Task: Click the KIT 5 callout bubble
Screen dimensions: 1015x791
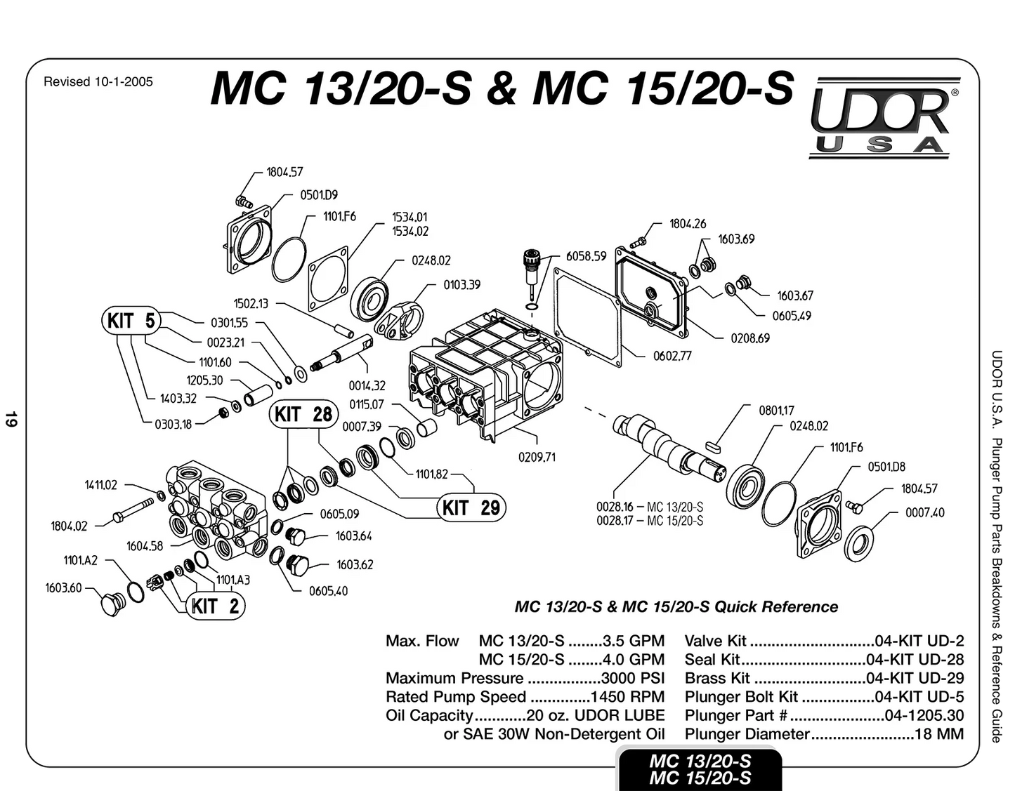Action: [131, 321]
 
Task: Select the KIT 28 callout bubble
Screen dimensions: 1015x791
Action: [303, 414]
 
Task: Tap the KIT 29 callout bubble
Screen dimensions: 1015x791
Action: [471, 507]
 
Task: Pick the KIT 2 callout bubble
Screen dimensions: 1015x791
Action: [216, 606]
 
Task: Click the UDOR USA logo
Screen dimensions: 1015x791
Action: [884, 117]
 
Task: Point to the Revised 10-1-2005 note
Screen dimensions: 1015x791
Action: [98, 81]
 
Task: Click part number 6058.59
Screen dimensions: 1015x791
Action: [586, 256]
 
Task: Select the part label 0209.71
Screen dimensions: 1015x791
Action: [537, 457]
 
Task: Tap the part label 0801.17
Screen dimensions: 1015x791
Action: [776, 410]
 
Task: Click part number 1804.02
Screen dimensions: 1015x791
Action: [69, 526]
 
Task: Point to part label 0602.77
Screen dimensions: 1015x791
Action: [672, 356]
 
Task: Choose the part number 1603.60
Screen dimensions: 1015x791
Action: [63, 587]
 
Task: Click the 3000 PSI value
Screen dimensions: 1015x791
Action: [632, 677]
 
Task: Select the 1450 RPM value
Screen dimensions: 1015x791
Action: [627, 696]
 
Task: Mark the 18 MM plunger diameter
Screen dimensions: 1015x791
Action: [939, 733]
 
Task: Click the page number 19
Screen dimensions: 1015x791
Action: [11, 418]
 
